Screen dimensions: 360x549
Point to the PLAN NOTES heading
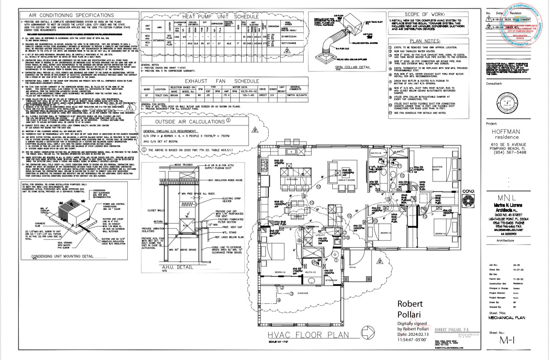tap(425, 41)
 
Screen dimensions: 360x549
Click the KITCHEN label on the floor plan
tap(290, 179)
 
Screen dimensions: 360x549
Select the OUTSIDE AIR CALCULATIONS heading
tap(183, 122)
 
